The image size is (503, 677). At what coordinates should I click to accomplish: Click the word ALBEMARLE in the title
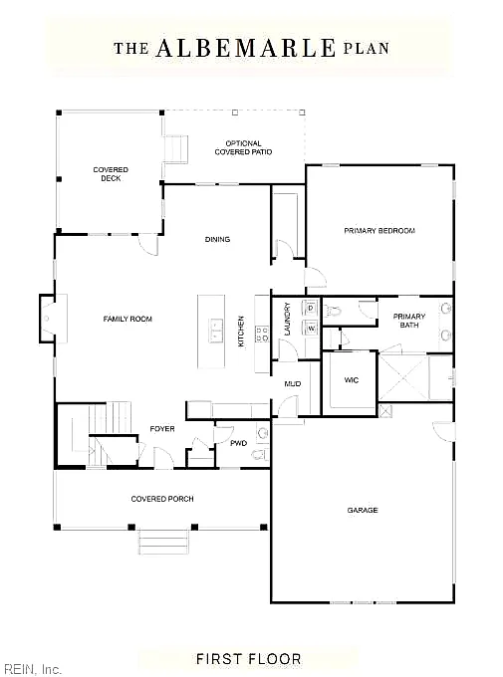pyautogui.click(x=245, y=48)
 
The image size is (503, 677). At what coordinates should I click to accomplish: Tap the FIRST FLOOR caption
pyautogui.click(x=248, y=659)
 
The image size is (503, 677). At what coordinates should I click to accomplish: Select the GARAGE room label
pyautogui.click(x=363, y=510)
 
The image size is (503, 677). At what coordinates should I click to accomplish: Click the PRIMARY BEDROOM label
pyautogui.click(x=379, y=231)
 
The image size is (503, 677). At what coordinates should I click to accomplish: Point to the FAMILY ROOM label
pyautogui.click(x=127, y=319)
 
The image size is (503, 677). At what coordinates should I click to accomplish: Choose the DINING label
pyautogui.click(x=217, y=239)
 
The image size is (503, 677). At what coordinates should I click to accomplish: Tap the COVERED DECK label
pyautogui.click(x=111, y=174)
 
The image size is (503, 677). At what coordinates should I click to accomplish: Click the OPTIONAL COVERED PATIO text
pyautogui.click(x=243, y=147)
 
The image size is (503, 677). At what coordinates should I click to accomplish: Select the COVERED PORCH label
pyautogui.click(x=162, y=499)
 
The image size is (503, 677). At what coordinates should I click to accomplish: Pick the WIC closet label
pyautogui.click(x=352, y=380)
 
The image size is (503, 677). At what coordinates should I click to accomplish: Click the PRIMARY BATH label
pyautogui.click(x=409, y=321)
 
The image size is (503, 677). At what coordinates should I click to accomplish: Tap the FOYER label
pyautogui.click(x=162, y=429)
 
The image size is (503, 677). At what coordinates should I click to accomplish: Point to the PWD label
pyautogui.click(x=238, y=443)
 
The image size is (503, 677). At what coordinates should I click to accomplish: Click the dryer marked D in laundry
pyautogui.click(x=311, y=309)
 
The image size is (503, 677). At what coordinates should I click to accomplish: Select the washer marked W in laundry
pyautogui.click(x=311, y=329)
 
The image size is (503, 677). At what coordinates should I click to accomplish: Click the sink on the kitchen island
pyautogui.click(x=215, y=331)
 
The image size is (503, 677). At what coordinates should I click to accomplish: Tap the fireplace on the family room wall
pyautogui.click(x=48, y=319)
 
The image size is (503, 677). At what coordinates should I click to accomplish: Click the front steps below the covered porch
pyautogui.click(x=163, y=542)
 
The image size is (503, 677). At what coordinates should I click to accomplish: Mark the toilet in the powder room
pyautogui.click(x=261, y=454)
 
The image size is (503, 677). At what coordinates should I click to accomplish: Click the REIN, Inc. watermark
pyautogui.click(x=30, y=669)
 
